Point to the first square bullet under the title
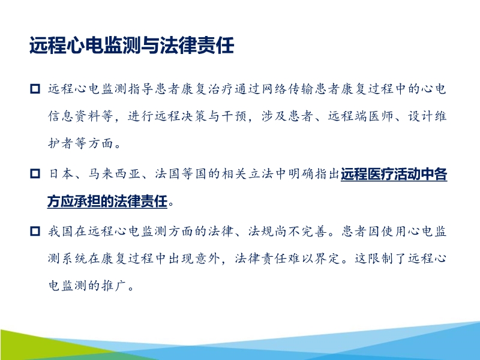pos(34,89)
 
